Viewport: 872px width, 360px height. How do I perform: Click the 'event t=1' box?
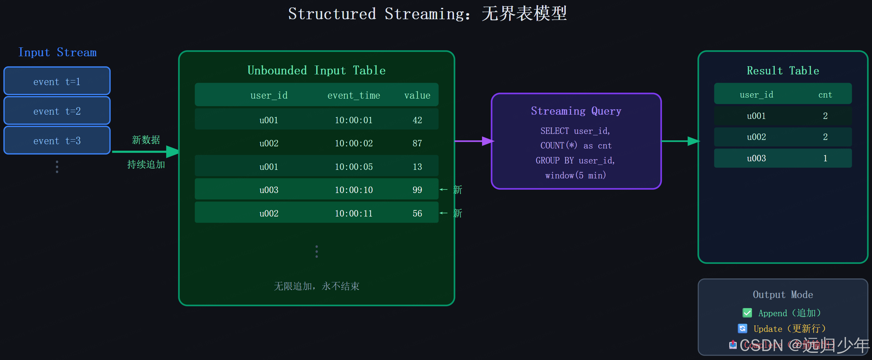click(x=57, y=82)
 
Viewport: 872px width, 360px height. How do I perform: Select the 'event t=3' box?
click(x=57, y=141)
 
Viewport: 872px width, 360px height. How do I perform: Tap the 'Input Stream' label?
click(x=57, y=52)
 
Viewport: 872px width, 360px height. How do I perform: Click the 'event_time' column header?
click(x=354, y=95)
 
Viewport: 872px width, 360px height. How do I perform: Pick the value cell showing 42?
click(x=417, y=120)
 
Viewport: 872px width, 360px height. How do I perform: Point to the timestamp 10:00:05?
click(x=354, y=167)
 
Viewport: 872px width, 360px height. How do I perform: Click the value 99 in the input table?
click(x=417, y=190)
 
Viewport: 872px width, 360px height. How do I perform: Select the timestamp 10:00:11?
click(x=354, y=213)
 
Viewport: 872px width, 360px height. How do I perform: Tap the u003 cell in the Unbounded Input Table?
click(x=269, y=190)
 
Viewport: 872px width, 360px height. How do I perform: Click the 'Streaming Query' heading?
click(x=576, y=111)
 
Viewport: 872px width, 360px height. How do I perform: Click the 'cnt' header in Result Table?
click(x=825, y=95)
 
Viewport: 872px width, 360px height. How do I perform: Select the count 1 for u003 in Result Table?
click(x=825, y=158)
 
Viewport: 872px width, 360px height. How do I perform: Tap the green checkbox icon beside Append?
click(x=747, y=313)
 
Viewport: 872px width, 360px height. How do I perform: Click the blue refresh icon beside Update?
click(x=742, y=328)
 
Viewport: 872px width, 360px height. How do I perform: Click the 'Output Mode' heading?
click(x=783, y=294)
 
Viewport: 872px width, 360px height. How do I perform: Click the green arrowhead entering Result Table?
click(x=693, y=141)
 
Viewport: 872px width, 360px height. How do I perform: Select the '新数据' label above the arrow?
click(x=146, y=140)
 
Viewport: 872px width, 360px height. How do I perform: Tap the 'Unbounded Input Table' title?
click(x=316, y=71)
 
